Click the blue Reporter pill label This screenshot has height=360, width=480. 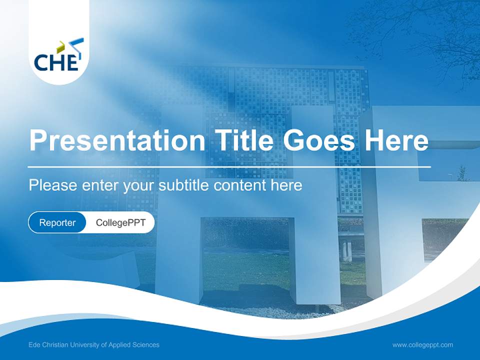click(57, 222)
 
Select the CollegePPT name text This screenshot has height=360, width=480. click(120, 222)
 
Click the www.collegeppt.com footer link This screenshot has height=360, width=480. click(422, 344)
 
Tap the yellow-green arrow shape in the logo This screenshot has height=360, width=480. click(60, 47)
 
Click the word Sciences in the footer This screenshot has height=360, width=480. click(146, 344)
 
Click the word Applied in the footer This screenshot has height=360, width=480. click(121, 344)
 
